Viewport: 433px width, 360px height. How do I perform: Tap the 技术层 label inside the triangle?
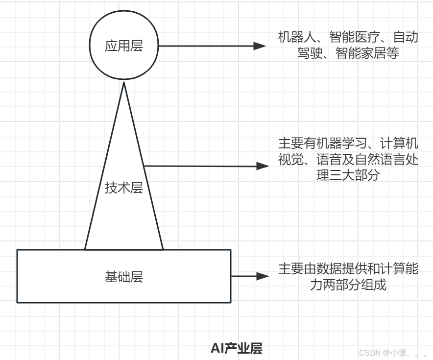click(x=124, y=188)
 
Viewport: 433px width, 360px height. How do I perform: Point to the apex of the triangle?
click(x=124, y=83)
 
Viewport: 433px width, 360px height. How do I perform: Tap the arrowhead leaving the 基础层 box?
click(x=263, y=276)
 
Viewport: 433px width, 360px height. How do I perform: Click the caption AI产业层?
click(x=237, y=348)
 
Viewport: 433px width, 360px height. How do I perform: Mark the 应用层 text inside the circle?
click(x=124, y=46)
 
